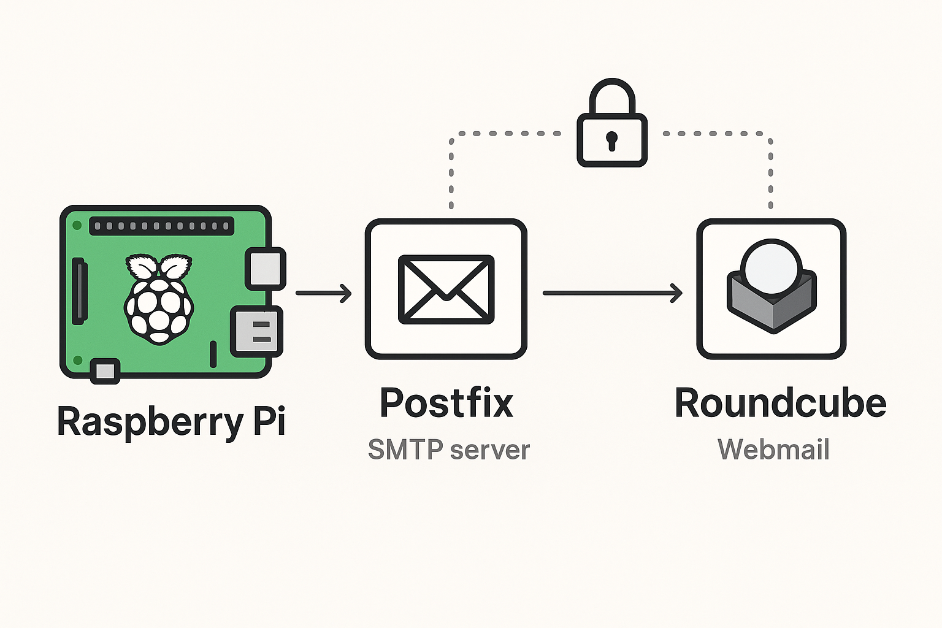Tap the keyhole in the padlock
(611, 140)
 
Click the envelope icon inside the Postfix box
(446, 289)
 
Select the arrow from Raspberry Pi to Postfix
(323, 293)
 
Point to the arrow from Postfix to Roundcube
(612, 293)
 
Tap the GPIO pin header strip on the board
(161, 226)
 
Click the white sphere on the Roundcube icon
(771, 267)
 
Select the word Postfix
(446, 403)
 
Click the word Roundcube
(780, 403)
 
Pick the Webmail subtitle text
(773, 450)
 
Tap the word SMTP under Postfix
(405, 450)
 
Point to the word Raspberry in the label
(150, 422)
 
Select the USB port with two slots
(256, 331)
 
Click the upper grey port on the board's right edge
(265, 269)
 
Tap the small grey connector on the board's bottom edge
(105, 371)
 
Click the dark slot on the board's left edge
(79, 292)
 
